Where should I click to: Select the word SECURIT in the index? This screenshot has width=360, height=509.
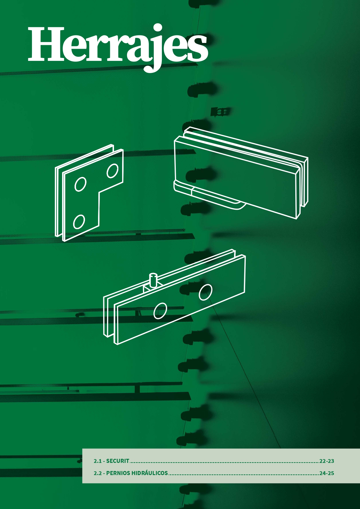[x=118, y=461]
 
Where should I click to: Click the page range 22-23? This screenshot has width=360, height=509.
[x=327, y=461]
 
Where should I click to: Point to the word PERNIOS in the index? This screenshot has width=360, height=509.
[x=118, y=473]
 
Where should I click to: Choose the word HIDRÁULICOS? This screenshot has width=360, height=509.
[x=150, y=473]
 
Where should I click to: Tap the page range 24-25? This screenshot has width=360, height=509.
[x=327, y=473]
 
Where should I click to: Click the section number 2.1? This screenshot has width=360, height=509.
[x=97, y=461]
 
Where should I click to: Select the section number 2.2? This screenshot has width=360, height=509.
[x=97, y=473]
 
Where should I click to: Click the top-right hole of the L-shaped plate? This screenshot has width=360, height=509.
[x=113, y=171]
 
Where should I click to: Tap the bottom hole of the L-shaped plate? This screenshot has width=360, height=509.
[x=79, y=222]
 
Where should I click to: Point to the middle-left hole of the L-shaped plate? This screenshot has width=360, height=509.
[x=80, y=184]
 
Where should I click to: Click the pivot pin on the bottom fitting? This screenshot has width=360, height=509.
[x=153, y=280]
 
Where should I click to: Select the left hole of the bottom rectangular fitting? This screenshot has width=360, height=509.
[x=160, y=311]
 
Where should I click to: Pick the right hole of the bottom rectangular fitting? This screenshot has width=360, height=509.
[x=205, y=292]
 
